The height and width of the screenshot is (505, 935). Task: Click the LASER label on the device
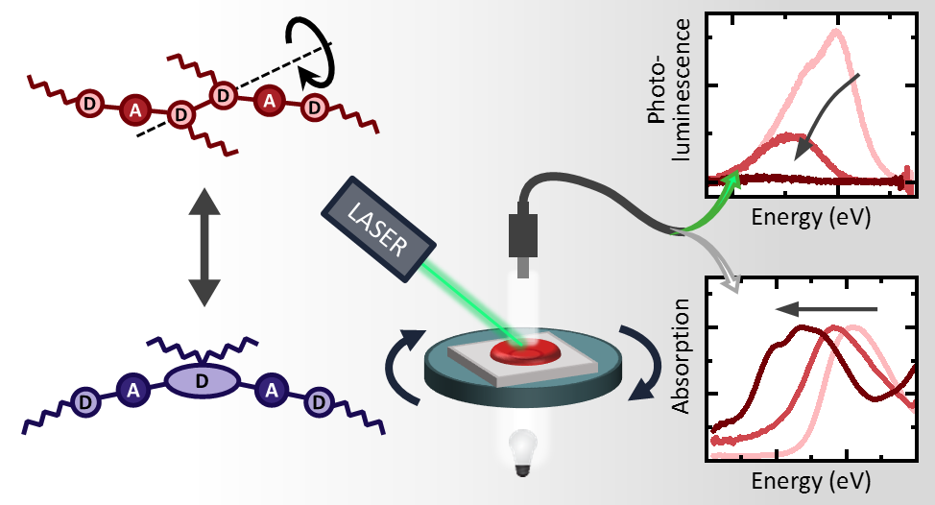pyautogui.click(x=378, y=228)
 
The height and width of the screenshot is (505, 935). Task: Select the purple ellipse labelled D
pyautogui.click(x=202, y=381)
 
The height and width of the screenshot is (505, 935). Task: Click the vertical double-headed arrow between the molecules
pyautogui.click(x=203, y=247)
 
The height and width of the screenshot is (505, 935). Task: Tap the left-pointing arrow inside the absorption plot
pyautogui.click(x=827, y=309)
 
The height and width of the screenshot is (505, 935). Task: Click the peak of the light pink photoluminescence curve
pyautogui.click(x=836, y=31)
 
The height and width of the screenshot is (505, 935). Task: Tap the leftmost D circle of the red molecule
pyautogui.click(x=89, y=101)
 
